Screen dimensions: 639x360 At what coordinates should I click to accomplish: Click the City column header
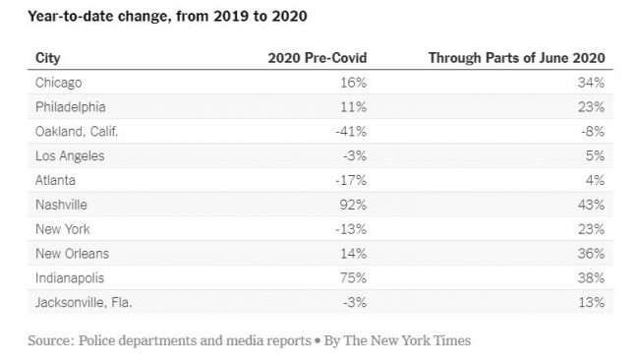(48, 58)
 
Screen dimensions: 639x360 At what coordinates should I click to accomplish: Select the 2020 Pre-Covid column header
(318, 58)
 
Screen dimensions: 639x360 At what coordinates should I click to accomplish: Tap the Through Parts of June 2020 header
(516, 58)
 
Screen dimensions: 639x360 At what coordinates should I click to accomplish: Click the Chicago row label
(58, 83)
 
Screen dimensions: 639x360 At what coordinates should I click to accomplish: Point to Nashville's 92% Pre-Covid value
(353, 205)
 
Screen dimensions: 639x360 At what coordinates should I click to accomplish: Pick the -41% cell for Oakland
(351, 132)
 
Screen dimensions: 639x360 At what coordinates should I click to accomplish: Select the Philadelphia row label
(71, 107)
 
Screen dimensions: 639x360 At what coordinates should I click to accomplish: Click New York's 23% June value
(591, 229)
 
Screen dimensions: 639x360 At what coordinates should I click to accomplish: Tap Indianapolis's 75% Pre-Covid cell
(353, 278)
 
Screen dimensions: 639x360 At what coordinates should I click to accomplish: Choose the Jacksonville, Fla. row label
(84, 303)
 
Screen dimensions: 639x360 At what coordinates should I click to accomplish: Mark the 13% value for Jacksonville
(591, 303)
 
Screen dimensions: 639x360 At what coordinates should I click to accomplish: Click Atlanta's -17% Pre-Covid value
(351, 180)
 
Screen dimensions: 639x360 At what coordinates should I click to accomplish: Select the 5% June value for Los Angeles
(595, 155)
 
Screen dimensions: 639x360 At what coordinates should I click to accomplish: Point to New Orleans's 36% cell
(591, 254)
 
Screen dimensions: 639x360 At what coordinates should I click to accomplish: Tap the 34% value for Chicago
(591, 83)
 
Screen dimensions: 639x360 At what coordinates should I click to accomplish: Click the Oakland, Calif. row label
(77, 132)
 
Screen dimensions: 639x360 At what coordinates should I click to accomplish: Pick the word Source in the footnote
(51, 340)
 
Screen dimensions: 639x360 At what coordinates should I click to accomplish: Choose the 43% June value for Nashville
(591, 205)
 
